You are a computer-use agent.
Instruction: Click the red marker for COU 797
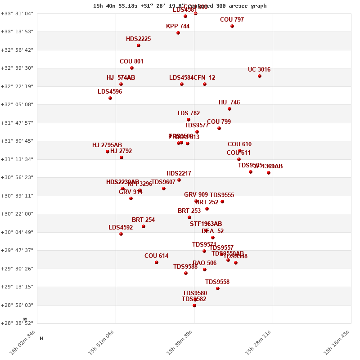tap(232, 26)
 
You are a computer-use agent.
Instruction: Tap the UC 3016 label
tap(259, 70)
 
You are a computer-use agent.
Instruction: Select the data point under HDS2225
tap(139, 45)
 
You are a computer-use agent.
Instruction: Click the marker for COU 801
tap(132, 68)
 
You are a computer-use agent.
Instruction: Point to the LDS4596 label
tap(110, 92)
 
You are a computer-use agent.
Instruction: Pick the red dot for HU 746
tap(229, 109)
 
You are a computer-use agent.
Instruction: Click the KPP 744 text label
tap(178, 27)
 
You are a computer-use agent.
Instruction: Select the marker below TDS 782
tap(189, 120)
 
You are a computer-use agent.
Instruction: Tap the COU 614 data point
tap(157, 262)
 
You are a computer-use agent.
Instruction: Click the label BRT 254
tap(143, 220)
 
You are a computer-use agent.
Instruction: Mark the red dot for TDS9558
tap(218, 288)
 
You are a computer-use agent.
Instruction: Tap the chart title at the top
tap(180, 6)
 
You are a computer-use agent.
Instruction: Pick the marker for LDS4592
tap(121, 234)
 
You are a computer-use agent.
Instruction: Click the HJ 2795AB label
tap(107, 145)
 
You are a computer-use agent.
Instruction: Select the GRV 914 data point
tap(131, 198)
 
